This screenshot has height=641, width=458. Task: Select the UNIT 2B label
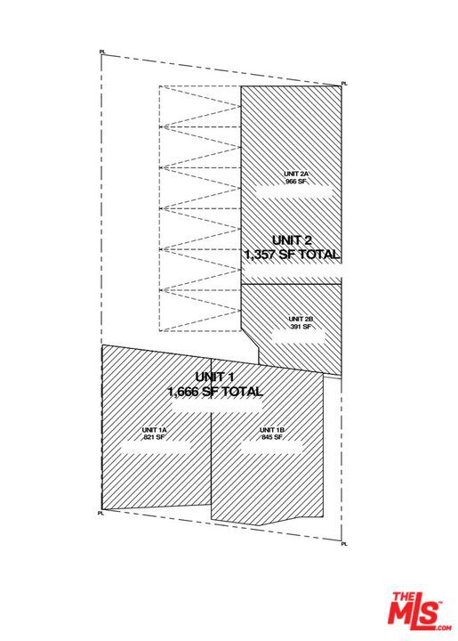(x=301, y=319)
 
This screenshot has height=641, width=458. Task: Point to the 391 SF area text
(x=301, y=327)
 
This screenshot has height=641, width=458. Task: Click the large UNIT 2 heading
(x=292, y=240)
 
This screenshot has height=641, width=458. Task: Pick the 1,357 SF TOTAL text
(x=292, y=255)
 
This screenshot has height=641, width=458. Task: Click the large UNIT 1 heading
(x=214, y=377)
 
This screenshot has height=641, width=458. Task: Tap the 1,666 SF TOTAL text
(x=215, y=391)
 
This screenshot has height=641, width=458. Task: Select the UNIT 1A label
(x=155, y=430)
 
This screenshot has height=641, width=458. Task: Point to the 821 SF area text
(x=153, y=437)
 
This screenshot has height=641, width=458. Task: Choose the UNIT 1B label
(x=272, y=430)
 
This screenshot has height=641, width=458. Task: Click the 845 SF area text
(x=272, y=437)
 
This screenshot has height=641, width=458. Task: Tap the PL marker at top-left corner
(x=102, y=52)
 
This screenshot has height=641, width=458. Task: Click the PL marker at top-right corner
(x=344, y=84)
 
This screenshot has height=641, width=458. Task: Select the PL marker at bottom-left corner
(x=100, y=513)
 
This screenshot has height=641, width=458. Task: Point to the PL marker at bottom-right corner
(x=344, y=544)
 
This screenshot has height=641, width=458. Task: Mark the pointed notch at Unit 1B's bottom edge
(x=261, y=525)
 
